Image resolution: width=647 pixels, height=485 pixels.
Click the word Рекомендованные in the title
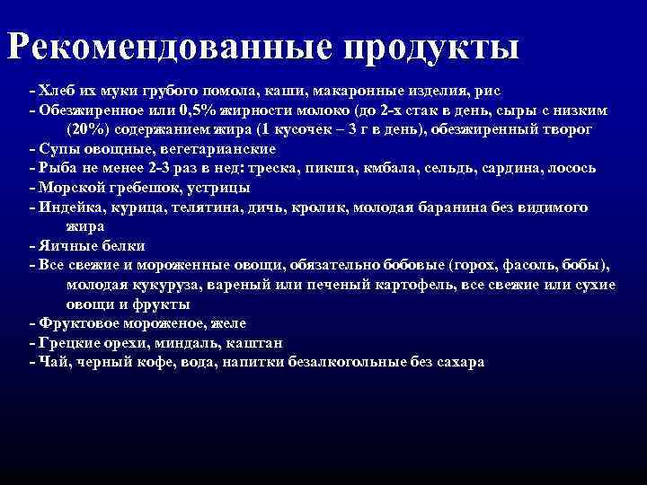pos(169,47)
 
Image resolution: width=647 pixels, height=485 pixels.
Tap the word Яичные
pos(66,246)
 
